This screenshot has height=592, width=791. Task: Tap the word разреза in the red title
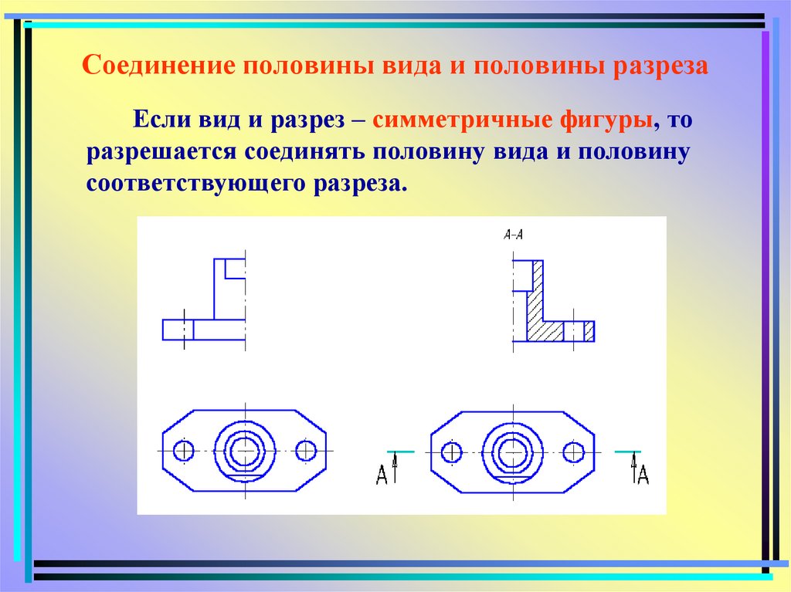pyautogui.click(x=660, y=65)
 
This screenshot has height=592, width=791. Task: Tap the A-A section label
pyautogui.click(x=513, y=235)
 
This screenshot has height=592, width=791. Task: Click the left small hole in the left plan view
pyautogui.click(x=185, y=450)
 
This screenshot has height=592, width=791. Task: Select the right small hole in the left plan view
pyautogui.click(x=306, y=450)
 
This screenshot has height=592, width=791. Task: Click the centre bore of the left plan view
pyautogui.click(x=245, y=450)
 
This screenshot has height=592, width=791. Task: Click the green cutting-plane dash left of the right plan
pyautogui.click(x=401, y=452)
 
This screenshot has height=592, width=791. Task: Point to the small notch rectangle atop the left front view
pyautogui.click(x=235, y=269)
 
